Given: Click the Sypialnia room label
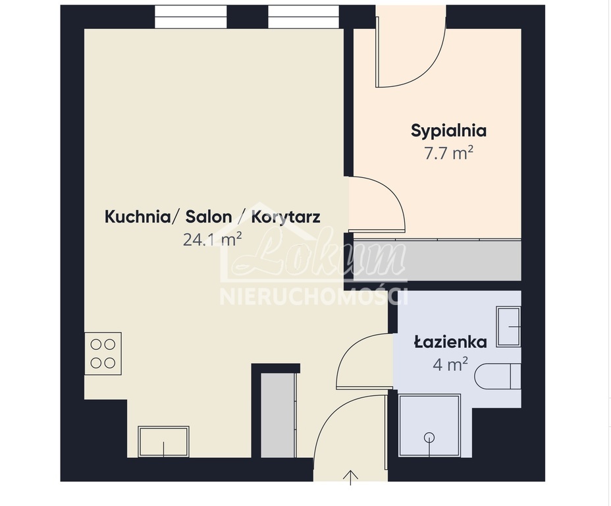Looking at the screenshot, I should (x=448, y=130).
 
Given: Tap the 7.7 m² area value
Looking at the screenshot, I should (x=449, y=154).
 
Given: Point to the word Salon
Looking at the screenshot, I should (x=208, y=217).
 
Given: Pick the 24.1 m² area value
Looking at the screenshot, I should (x=212, y=239).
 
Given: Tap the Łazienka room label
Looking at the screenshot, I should (x=450, y=342).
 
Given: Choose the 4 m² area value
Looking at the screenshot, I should (x=450, y=364).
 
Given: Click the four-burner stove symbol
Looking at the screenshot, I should (x=103, y=353).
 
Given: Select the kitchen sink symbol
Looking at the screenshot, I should (x=163, y=441).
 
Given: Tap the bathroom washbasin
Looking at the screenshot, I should (x=508, y=326).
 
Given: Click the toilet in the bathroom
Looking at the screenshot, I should (x=499, y=376).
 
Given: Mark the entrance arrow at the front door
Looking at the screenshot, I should (x=352, y=477).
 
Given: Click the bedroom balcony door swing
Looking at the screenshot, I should (x=410, y=53).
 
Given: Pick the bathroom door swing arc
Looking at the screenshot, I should (x=363, y=361).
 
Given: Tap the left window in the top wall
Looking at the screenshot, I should (x=190, y=16).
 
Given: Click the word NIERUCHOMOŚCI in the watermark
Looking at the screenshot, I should (x=313, y=296).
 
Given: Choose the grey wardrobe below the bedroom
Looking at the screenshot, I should (x=437, y=260).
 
